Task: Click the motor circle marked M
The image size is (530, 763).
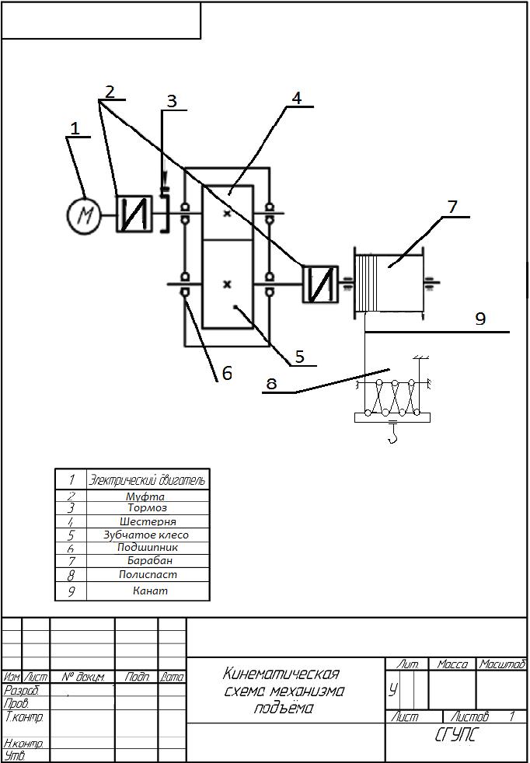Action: click(x=84, y=214)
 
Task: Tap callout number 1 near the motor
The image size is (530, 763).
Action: click(x=75, y=128)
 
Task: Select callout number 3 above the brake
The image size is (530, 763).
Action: click(x=172, y=101)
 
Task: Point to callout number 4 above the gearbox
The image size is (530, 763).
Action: click(x=296, y=98)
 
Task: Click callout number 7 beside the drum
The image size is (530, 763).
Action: click(x=452, y=207)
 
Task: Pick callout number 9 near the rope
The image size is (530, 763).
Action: click(x=480, y=319)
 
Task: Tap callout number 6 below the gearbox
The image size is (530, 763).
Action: click(x=227, y=373)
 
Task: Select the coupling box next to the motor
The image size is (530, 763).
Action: click(x=134, y=214)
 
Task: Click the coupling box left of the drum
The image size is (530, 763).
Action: click(x=320, y=284)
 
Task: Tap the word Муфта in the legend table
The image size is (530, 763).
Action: click(x=145, y=496)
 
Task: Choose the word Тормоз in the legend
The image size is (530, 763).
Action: click(x=148, y=508)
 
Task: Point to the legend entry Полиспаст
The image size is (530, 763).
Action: click(x=148, y=575)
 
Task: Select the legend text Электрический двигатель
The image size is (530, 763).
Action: click(x=148, y=479)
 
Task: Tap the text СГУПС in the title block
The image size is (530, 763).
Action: click(x=455, y=735)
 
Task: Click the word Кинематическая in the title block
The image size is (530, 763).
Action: click(x=281, y=674)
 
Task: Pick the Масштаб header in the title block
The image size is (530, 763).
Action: click(x=502, y=664)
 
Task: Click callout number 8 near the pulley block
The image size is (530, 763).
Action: click(x=271, y=383)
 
